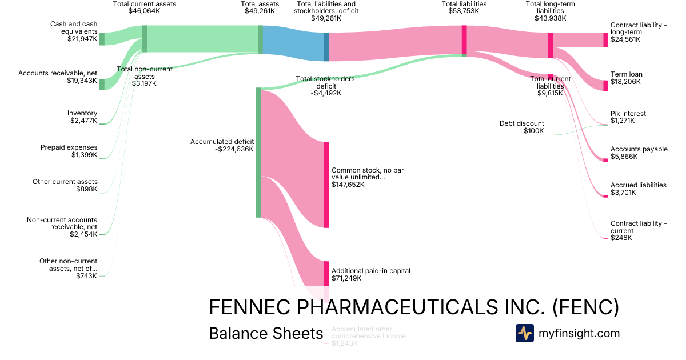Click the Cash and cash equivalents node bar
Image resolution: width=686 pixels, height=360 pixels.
[102, 39]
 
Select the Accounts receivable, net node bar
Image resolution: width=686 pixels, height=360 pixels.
[102, 84]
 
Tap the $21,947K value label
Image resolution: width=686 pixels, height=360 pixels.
[82, 39]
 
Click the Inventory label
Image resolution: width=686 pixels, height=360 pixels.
[82, 113]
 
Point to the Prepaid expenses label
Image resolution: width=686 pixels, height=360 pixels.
[69, 147]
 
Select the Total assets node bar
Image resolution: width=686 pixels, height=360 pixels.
[260, 39]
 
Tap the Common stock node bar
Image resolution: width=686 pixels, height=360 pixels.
[327, 185]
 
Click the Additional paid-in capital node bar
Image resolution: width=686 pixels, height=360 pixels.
[327, 273]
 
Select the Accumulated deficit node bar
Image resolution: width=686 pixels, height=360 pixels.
[258, 153]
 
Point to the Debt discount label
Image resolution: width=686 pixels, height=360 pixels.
[522, 123]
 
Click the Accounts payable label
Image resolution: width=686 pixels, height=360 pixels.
[639, 149]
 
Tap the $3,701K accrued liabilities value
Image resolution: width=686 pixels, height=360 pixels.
[623, 193]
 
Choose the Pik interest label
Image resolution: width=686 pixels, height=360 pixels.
[628, 113]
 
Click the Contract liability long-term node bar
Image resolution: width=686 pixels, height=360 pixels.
[607, 39]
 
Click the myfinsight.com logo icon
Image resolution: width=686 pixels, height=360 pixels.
[524, 333]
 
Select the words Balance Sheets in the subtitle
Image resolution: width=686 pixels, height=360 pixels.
[266, 333]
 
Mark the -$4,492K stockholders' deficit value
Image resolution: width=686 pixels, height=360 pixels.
[326, 93]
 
